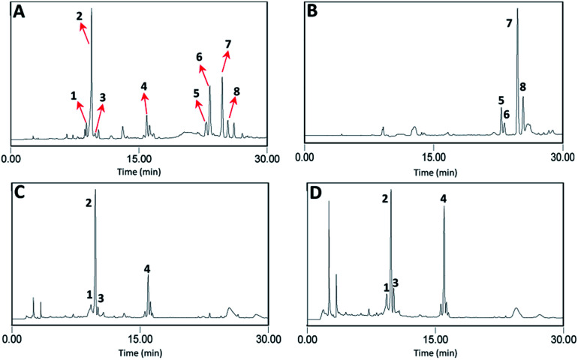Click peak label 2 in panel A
coord(80,16)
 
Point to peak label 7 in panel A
coord(228,43)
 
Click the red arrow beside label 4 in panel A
coord(145,102)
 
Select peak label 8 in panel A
coord(236,91)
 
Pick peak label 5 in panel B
coord(501,100)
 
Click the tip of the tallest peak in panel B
coord(517,9)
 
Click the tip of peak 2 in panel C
coord(95,190)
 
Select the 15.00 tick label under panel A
coord(143,159)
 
